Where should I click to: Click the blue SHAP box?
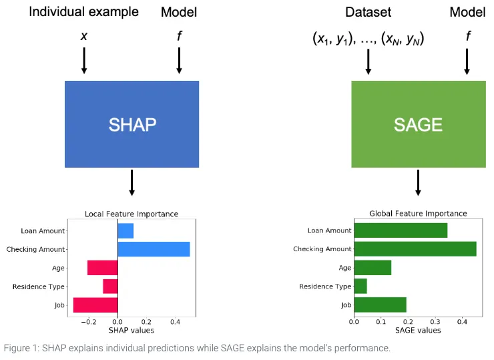click(x=132, y=124)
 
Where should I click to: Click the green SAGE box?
click(x=419, y=124)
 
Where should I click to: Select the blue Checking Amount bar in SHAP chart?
click(x=154, y=249)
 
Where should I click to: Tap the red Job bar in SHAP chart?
click(x=95, y=305)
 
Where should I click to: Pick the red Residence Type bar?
click(x=110, y=287)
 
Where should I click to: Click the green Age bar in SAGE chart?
click(x=373, y=268)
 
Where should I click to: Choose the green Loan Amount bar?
click(x=401, y=230)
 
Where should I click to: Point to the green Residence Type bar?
click(x=360, y=287)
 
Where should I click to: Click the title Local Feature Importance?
click(x=132, y=214)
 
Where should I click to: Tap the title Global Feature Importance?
click(x=418, y=214)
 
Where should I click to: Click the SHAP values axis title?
click(x=132, y=331)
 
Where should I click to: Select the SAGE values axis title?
click(x=418, y=331)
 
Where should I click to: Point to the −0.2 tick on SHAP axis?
click(x=89, y=322)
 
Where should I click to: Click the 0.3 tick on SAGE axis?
click(x=435, y=322)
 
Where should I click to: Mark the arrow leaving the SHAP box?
click(x=132, y=183)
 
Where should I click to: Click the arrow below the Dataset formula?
click(x=368, y=62)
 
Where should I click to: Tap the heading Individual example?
click(x=84, y=12)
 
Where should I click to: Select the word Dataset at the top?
click(x=368, y=12)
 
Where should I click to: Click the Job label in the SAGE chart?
click(x=346, y=305)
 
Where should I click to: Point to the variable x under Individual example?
click(x=84, y=36)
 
